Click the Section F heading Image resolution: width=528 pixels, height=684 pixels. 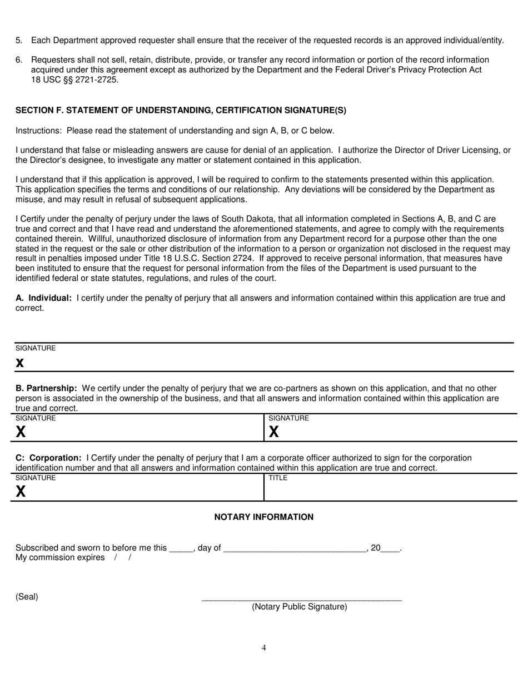(181, 110)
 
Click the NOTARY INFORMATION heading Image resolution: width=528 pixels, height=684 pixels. (263, 517)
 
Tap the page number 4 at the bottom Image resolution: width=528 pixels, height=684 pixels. (264, 647)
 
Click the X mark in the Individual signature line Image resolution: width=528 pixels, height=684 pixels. (20, 363)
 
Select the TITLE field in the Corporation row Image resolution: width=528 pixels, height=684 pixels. (389, 489)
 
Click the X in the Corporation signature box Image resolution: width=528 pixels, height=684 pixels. (21, 491)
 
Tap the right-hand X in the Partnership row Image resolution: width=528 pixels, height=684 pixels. (274, 432)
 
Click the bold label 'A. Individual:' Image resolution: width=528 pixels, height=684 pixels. (44, 298)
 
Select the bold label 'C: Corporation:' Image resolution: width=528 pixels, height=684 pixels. (48, 458)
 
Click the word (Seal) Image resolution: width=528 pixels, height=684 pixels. (27, 597)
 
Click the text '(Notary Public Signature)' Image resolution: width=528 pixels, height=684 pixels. (299, 607)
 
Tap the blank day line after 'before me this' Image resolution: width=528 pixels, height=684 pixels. (181, 549)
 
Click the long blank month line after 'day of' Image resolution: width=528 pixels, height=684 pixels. (294, 549)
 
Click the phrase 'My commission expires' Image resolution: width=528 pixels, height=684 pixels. (60, 558)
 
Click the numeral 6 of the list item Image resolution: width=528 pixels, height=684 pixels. (18, 60)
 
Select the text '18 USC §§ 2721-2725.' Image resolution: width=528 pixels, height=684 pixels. (74, 80)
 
